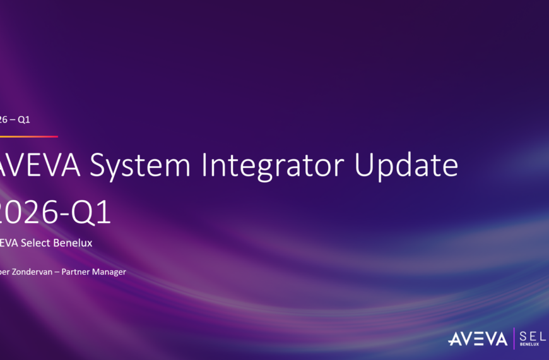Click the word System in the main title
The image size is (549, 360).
click(139, 165)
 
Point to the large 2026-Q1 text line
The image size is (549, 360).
click(56, 213)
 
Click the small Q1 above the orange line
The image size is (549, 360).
click(23, 119)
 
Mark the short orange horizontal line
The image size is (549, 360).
click(28, 136)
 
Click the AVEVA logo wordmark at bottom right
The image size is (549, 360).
click(477, 340)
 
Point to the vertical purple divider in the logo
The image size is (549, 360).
click(514, 339)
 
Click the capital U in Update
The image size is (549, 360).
click(365, 165)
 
